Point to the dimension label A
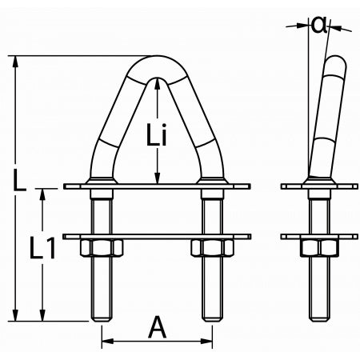click(158, 327)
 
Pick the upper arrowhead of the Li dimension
click(157, 78)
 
